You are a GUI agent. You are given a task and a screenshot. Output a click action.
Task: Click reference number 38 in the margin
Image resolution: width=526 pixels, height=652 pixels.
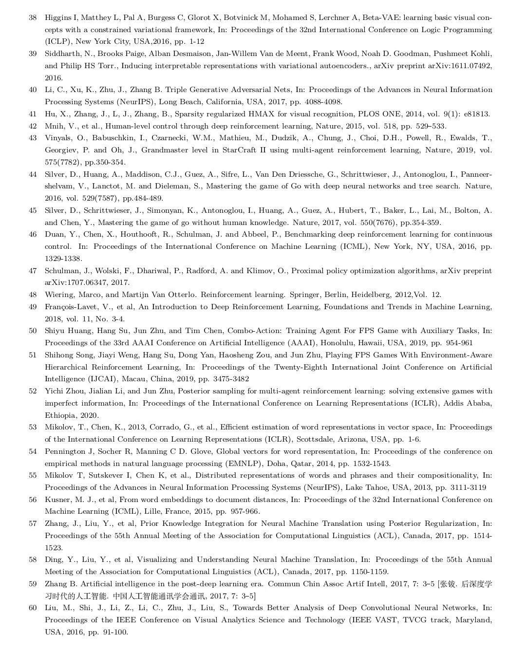pyautogui.click(x=33, y=18)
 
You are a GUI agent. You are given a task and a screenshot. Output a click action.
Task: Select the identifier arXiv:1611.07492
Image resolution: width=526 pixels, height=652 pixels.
pyautogui.click(x=460, y=66)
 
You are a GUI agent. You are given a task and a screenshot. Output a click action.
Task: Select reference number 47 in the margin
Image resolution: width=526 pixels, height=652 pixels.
pyautogui.click(x=33, y=271)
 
